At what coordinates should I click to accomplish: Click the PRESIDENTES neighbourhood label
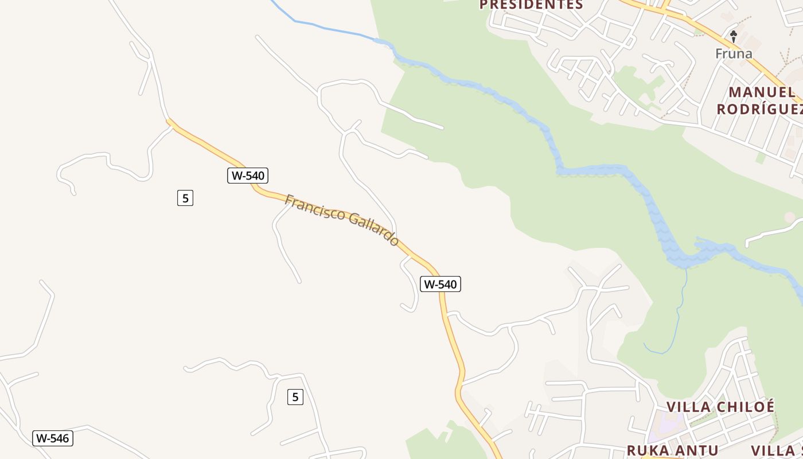point(531,5)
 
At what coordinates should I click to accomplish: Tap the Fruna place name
point(734,54)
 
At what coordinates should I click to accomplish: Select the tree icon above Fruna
point(733,36)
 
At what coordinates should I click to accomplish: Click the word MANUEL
point(762,92)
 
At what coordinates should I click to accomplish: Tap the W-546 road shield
point(53,438)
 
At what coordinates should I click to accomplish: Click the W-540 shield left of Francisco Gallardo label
point(248,176)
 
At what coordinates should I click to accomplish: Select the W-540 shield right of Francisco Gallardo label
point(441,284)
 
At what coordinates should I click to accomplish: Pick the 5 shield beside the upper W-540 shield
point(185,198)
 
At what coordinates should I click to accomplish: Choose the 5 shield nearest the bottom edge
point(295,396)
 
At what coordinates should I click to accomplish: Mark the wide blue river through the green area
point(591,170)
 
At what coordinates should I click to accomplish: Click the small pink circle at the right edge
point(790,217)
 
